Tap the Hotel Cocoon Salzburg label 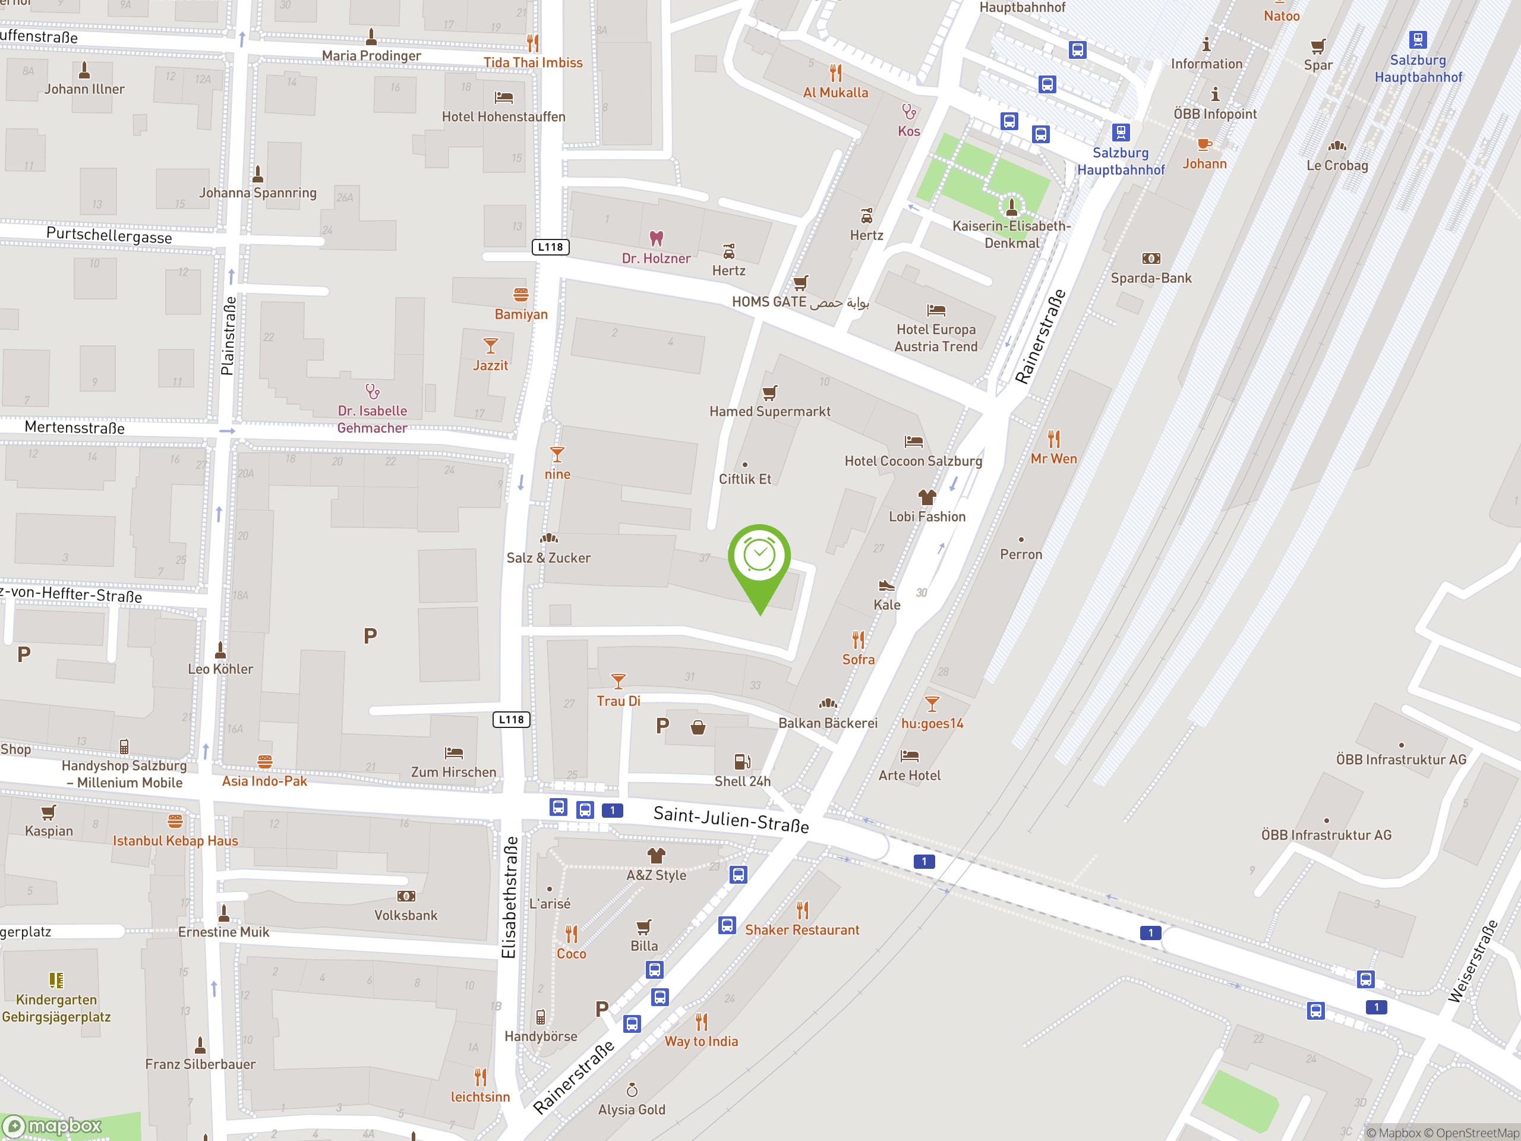(x=913, y=461)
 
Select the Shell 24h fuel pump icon (x=741, y=761)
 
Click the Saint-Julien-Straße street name (x=730, y=819)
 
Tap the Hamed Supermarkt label (x=769, y=411)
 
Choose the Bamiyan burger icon (x=520, y=295)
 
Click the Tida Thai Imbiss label (x=532, y=62)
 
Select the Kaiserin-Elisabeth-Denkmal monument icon (x=1011, y=206)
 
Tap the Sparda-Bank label (x=1150, y=278)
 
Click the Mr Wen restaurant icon (x=1053, y=439)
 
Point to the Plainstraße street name (x=228, y=336)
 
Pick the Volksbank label (x=406, y=915)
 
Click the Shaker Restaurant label (x=801, y=930)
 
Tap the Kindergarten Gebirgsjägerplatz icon (x=56, y=980)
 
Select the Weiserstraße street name (x=1472, y=961)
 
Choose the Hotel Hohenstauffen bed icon (x=503, y=97)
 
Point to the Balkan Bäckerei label (x=827, y=723)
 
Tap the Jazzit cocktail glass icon (x=490, y=345)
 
